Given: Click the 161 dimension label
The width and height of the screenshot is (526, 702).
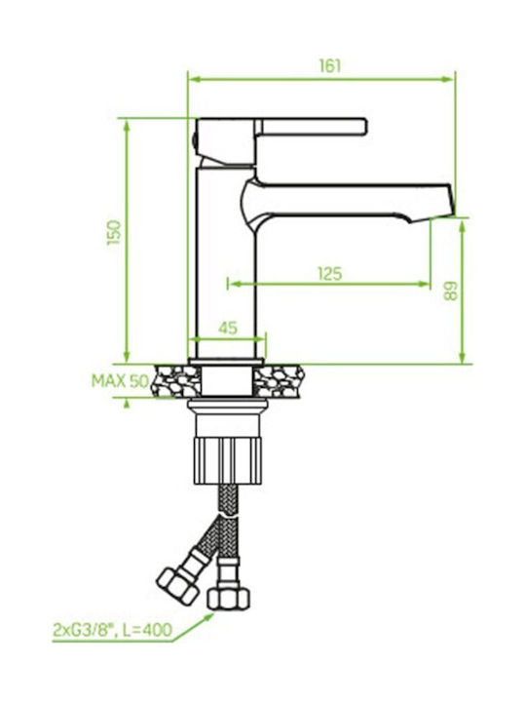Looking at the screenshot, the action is pyautogui.click(x=330, y=66).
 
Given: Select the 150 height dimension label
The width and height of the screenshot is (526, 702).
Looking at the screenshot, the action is pyautogui.click(x=114, y=232).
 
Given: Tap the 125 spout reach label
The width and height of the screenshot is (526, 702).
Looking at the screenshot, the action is pyautogui.click(x=330, y=274).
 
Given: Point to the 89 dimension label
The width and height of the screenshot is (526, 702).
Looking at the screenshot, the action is pyautogui.click(x=451, y=291).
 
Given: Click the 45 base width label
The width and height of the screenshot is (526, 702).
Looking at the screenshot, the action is pyautogui.click(x=228, y=328).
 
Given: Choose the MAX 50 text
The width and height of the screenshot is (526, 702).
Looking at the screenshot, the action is pyautogui.click(x=120, y=381).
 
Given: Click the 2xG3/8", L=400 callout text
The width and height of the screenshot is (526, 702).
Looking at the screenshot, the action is pyautogui.click(x=112, y=630).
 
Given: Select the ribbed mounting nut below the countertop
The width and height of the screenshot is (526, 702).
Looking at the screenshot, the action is pyautogui.click(x=228, y=461).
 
